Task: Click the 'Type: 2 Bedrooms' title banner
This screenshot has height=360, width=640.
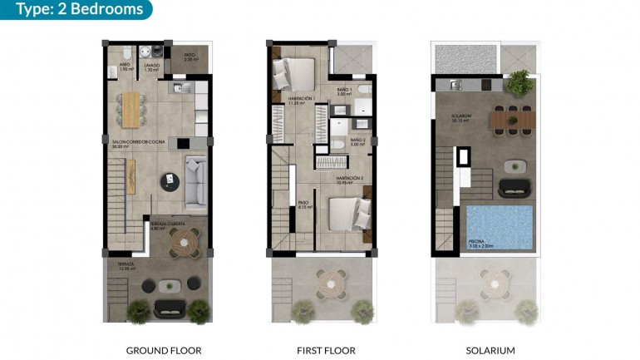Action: point(76,10)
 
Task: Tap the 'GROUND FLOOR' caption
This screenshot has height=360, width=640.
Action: point(164,350)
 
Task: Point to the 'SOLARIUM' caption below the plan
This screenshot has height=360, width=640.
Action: point(490,350)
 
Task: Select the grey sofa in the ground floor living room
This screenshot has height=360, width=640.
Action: point(195,180)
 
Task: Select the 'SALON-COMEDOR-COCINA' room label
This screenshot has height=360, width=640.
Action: point(139,142)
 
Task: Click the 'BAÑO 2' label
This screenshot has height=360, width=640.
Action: point(358,141)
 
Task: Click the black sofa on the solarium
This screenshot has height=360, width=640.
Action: point(514,187)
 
